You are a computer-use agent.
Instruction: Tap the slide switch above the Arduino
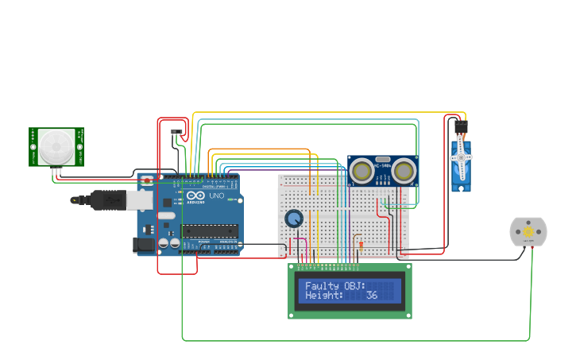[176, 132]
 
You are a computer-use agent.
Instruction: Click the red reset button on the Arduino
[147, 181]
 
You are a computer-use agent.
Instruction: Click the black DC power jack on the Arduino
[144, 246]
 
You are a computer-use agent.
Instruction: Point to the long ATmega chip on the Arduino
[210, 231]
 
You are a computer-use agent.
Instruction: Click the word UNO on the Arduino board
[215, 195]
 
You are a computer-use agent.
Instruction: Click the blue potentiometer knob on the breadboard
[294, 218]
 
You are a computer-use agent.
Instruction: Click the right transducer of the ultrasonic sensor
[404, 170]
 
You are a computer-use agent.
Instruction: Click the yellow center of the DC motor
[528, 231]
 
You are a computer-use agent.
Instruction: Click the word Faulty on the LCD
[322, 285]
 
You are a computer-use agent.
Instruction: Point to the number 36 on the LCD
[372, 296]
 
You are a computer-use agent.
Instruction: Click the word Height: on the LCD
[324, 296]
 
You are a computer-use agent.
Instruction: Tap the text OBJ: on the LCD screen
[354, 285]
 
